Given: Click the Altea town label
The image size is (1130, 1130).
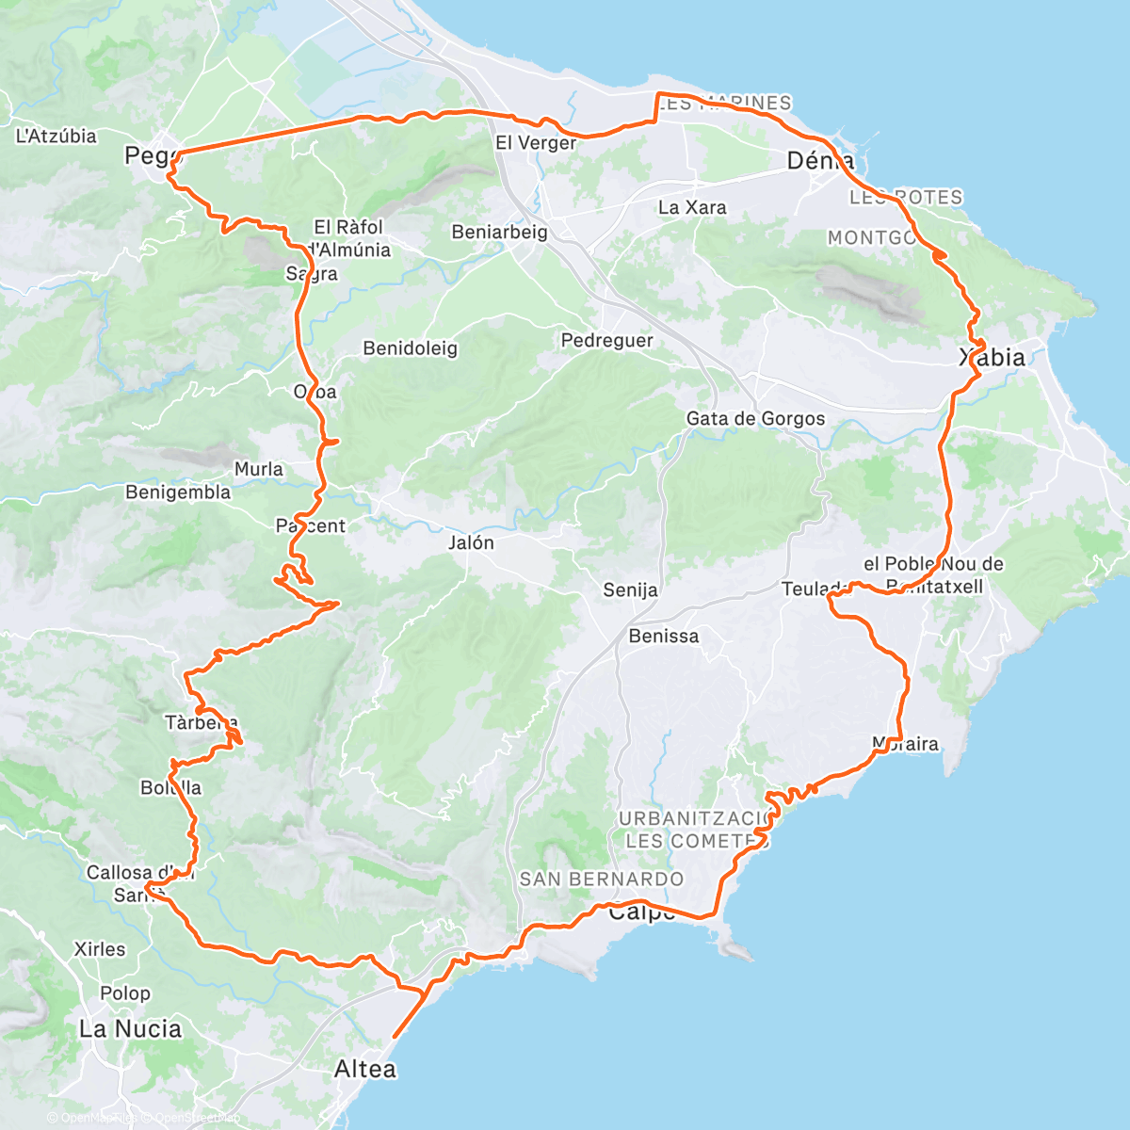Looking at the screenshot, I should [365, 1069].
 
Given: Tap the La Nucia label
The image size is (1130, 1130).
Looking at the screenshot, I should [130, 1028].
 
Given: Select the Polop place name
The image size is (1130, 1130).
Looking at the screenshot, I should [125, 993].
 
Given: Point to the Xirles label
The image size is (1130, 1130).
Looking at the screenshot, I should [99, 948].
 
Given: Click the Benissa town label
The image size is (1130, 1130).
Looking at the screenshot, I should [664, 636].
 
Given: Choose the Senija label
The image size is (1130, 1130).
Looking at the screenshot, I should [630, 590].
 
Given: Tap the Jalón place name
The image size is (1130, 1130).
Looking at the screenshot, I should [471, 542].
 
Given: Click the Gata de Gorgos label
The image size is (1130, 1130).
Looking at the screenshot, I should [755, 418].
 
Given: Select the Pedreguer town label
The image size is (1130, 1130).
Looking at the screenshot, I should [607, 340].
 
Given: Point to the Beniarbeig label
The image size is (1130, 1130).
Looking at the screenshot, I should [499, 232].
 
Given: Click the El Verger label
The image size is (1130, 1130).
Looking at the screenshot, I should [536, 143].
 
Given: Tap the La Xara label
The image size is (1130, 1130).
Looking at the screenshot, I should [692, 207].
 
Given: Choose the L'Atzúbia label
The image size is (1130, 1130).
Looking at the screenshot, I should [56, 136].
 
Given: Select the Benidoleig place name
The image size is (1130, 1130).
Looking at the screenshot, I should [411, 348].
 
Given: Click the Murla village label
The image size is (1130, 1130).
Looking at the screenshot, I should [259, 469].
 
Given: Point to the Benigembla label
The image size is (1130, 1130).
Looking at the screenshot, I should [178, 492].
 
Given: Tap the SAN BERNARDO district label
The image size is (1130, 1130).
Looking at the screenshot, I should [602, 879].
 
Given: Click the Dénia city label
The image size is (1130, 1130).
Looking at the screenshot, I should [820, 161].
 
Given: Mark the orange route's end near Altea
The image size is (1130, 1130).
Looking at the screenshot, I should [393, 1037].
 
